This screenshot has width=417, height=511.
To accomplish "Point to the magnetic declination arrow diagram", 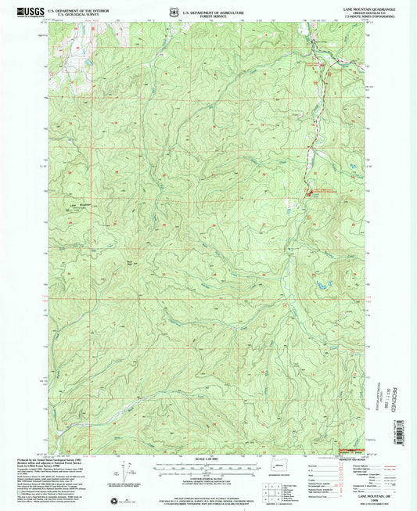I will (x=124, y=472).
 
